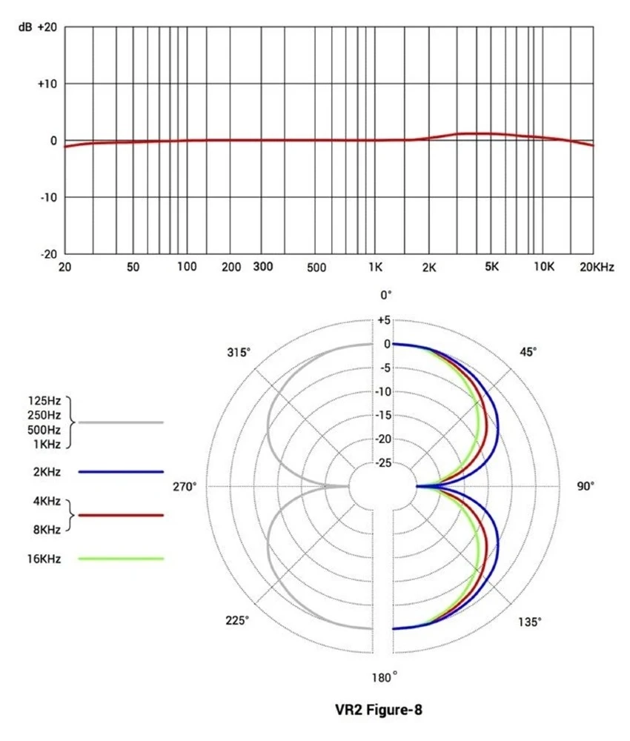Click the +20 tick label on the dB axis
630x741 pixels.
pos(47,27)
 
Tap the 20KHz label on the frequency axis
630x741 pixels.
pos(597,267)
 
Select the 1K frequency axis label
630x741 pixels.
pos(375,267)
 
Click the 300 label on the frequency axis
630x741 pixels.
pos(263,266)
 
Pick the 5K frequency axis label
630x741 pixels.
pos(492,267)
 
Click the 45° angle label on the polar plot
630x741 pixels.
pos(528,353)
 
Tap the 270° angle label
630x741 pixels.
pos(184,487)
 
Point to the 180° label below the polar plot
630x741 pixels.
pos(385,676)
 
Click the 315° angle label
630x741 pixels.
pos(239,353)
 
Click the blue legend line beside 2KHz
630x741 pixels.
pos(120,471)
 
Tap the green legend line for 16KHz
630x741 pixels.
pos(120,558)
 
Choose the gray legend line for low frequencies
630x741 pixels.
pos(120,422)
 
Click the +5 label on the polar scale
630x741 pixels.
pos(383,320)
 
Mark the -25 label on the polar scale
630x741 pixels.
pos(383,462)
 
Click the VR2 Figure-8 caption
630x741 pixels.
pos(379,710)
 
